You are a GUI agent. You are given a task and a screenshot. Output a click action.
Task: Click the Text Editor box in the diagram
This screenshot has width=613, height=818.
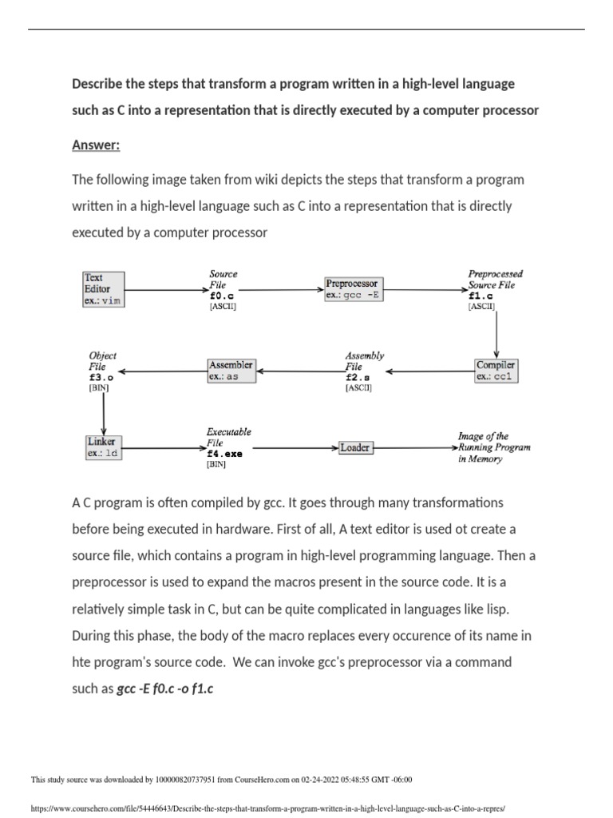coord(104,289)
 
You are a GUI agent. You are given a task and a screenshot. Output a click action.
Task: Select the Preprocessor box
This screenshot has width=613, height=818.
coord(353,289)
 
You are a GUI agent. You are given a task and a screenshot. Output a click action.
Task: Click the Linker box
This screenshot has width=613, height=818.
coord(104,447)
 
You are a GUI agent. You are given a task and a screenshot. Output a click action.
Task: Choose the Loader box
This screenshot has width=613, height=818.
coord(354,448)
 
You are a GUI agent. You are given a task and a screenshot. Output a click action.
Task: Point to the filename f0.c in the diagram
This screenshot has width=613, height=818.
coord(220,295)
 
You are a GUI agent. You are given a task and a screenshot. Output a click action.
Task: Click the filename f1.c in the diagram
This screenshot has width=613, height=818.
coord(481,295)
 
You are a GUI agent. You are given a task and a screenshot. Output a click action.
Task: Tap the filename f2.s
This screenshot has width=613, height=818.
coord(358,377)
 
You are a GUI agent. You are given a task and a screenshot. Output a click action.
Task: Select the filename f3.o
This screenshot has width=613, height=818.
coord(101,376)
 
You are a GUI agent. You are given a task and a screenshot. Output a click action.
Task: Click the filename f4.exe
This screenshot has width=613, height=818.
coord(224,453)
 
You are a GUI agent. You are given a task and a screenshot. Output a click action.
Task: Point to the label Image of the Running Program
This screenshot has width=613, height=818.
coord(493,447)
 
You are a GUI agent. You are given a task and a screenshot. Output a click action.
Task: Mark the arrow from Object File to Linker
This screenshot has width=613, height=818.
coord(104,413)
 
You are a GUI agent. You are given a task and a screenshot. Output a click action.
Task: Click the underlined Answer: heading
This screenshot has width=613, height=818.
coord(95,145)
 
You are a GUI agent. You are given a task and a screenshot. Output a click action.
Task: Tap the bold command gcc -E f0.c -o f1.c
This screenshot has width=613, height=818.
coord(164,688)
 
